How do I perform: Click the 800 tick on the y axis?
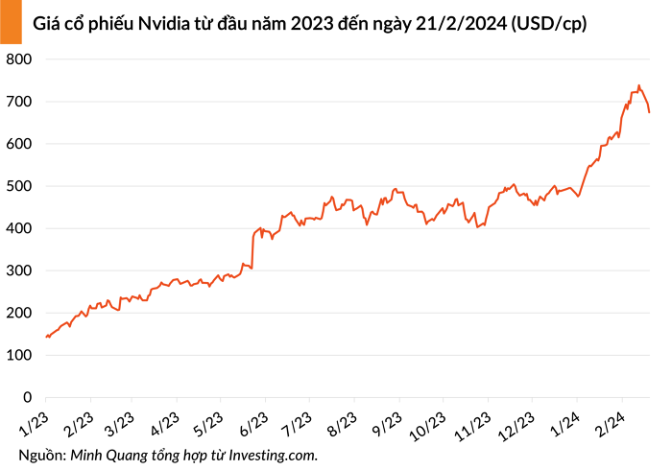point(20,59)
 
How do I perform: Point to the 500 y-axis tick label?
point(20,186)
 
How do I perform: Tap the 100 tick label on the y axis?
point(20,355)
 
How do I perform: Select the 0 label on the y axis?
point(28,397)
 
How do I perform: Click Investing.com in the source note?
point(275,454)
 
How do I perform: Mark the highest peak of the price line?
point(639,85)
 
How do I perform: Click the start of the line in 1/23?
point(45,337)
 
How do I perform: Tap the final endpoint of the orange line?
point(650,112)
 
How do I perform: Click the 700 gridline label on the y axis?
point(20,102)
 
